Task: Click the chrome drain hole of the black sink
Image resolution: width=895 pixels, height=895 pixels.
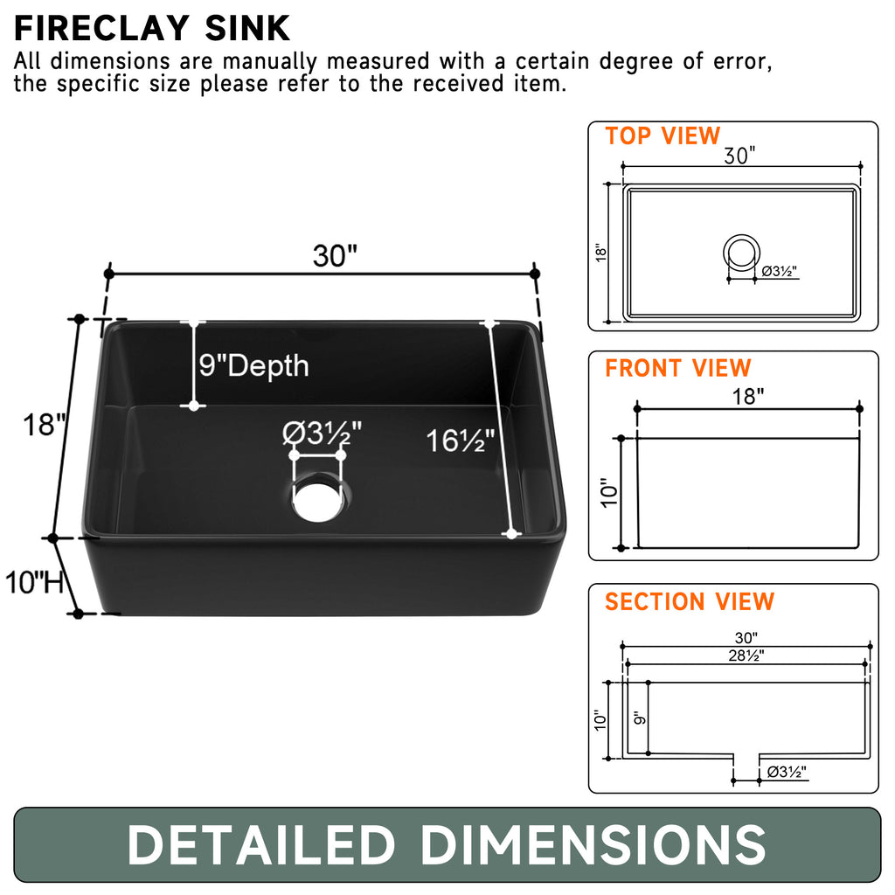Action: coord(318,500)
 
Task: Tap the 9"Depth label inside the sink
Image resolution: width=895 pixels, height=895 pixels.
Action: coord(253,364)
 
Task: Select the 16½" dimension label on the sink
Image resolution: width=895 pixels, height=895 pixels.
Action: coord(461,441)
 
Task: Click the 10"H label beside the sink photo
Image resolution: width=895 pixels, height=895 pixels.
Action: coord(35,581)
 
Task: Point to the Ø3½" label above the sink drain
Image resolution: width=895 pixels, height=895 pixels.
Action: coord(323,433)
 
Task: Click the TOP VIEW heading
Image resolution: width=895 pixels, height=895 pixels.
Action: coord(663,136)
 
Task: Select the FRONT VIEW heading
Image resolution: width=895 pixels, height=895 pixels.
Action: coord(677,369)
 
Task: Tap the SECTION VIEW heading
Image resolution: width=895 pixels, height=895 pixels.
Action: coord(690,602)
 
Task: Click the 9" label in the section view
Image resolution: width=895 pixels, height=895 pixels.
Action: coord(639,717)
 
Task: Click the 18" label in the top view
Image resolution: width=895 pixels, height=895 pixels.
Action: coord(600,253)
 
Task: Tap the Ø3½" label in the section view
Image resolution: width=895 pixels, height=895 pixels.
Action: coord(786,772)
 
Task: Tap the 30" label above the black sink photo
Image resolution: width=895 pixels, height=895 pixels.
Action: coord(335,255)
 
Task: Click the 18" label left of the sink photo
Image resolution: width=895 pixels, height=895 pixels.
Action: coord(45,426)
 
